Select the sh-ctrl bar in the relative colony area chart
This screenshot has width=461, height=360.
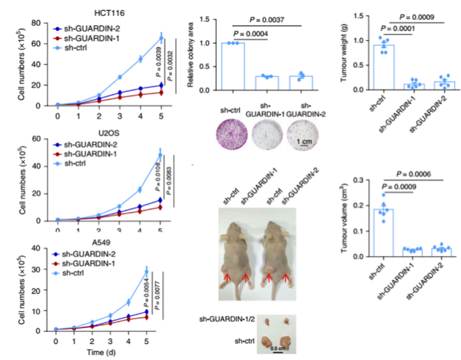(234, 66)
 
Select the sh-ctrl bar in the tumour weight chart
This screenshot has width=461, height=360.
(384, 67)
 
